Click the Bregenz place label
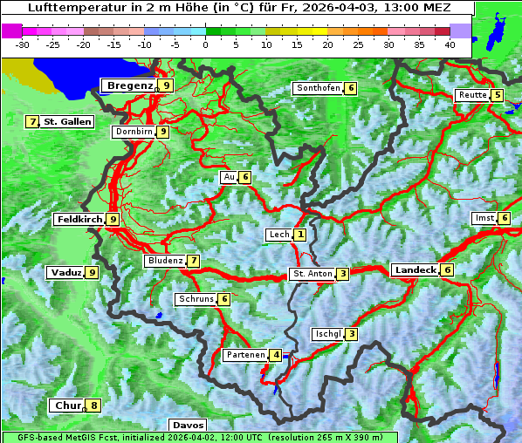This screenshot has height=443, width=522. [129, 85]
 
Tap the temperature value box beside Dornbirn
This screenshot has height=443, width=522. [163, 132]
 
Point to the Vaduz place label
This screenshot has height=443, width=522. [66, 273]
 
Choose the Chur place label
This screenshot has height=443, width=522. [67, 406]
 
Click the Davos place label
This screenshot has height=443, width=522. [188, 426]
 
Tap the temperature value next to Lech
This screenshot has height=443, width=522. [300, 235]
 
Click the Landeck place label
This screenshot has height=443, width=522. [415, 270]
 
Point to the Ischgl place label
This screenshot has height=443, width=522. [328, 334]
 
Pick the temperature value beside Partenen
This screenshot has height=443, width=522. [276, 355]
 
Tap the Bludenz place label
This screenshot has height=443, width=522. [165, 261]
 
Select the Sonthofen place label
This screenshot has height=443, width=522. [318, 88]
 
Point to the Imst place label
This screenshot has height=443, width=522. [484, 217]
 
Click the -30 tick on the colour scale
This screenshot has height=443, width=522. [23, 44]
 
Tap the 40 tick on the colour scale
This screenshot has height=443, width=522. [450, 44]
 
